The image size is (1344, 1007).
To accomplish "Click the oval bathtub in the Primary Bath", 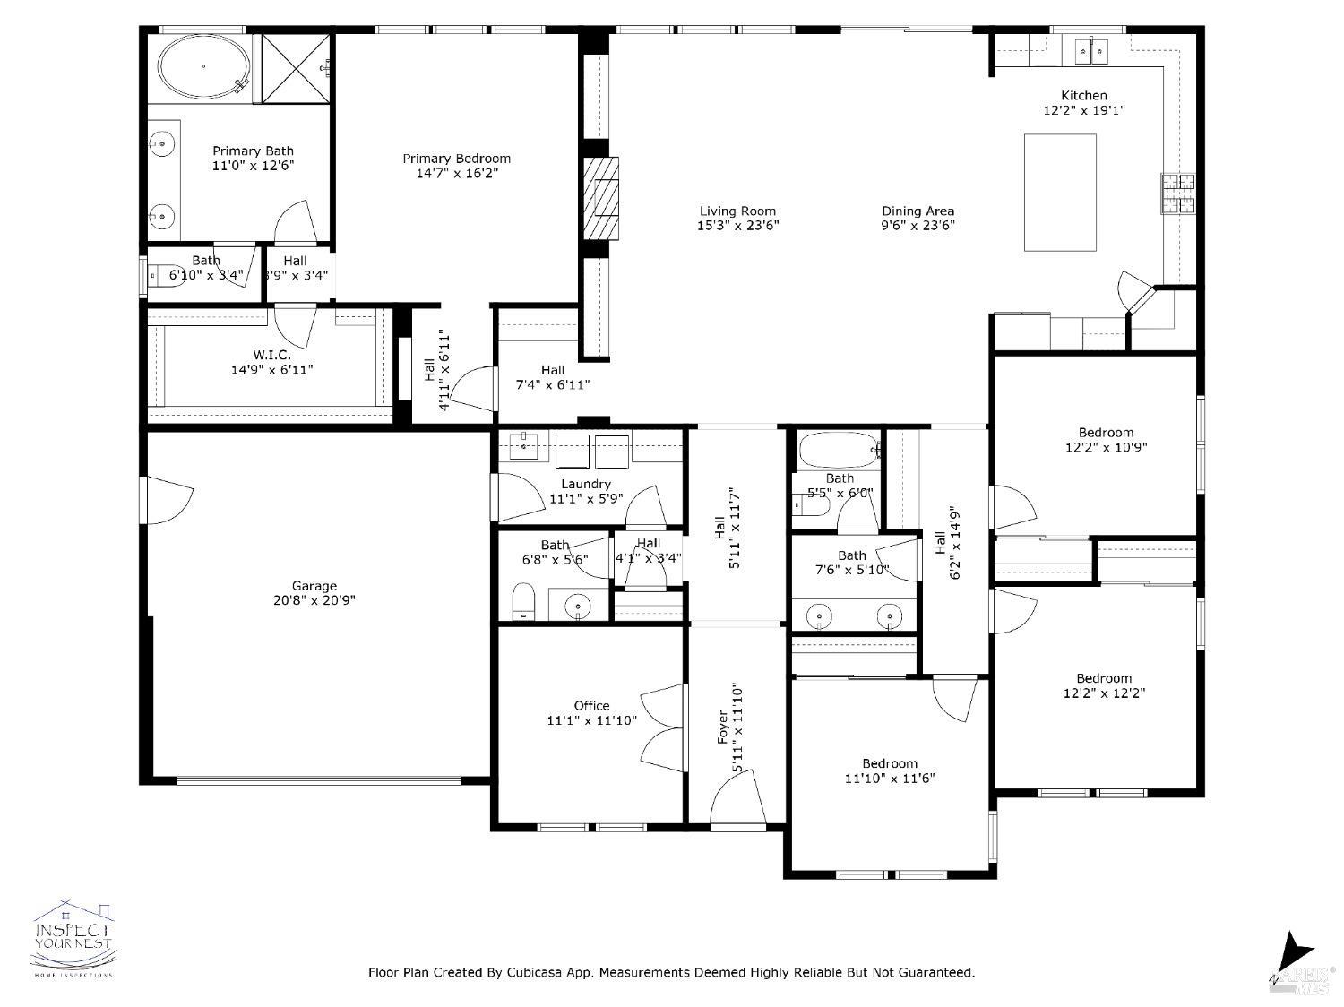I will (x=203, y=67).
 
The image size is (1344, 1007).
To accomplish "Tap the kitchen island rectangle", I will (x=1060, y=193).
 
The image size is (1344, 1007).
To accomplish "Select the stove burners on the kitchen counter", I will (x=1179, y=194).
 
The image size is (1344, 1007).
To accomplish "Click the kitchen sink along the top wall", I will (x=1090, y=51).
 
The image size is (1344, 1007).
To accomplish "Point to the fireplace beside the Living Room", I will (x=600, y=198).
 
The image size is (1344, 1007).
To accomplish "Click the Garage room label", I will (x=314, y=586).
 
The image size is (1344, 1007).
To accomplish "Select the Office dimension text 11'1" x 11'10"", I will (x=591, y=720).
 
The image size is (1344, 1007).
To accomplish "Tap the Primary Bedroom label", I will (x=456, y=159).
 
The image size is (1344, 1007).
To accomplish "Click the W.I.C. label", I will (x=271, y=354).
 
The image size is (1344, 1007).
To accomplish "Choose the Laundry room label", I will (x=586, y=484).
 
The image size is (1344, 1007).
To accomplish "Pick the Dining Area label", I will (x=918, y=211).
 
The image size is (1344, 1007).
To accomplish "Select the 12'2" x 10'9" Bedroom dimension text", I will (x=1106, y=446).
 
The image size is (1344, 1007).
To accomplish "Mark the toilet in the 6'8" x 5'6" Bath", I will (x=523, y=601).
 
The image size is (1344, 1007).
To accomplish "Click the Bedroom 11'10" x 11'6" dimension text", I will (x=890, y=779).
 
